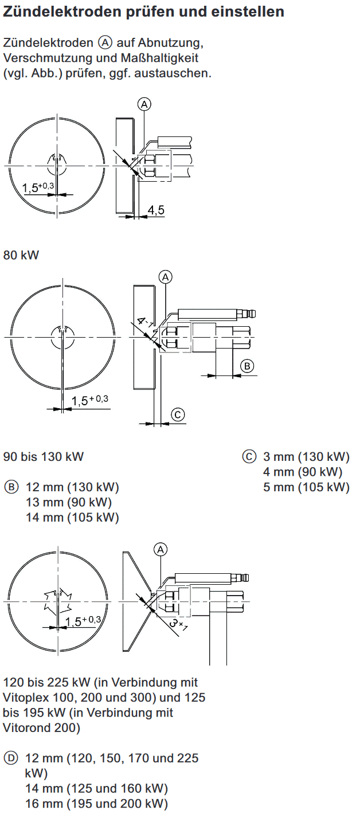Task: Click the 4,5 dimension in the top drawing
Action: point(156,210)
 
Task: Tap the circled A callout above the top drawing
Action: point(144,104)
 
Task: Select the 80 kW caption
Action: point(21,255)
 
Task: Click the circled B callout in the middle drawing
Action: point(246,366)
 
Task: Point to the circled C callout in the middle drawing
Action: point(178,414)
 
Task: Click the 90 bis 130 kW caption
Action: point(44,457)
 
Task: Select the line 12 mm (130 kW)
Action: point(72,488)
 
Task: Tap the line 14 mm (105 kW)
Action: point(72,518)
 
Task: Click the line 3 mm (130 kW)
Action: point(306,457)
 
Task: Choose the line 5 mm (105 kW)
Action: point(306,487)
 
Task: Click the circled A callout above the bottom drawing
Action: point(161,549)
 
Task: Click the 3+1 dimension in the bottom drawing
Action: point(178,624)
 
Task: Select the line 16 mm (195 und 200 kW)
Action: point(96,803)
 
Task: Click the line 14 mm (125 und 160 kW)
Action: point(96,788)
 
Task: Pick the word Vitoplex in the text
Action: point(26,698)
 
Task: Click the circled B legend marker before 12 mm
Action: point(11,488)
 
